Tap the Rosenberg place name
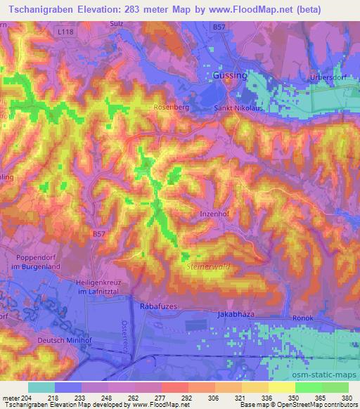169,108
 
